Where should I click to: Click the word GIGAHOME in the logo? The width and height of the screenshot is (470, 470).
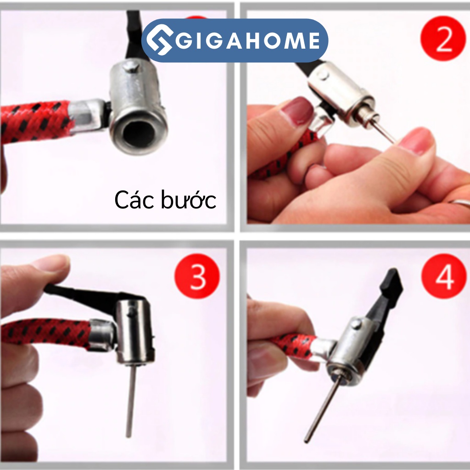248,40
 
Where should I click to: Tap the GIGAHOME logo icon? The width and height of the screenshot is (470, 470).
158,41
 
